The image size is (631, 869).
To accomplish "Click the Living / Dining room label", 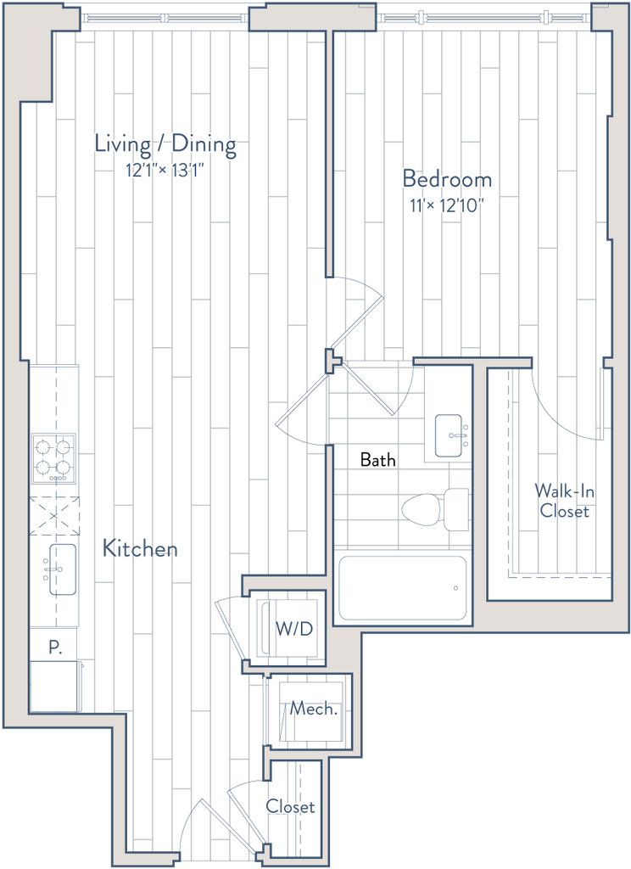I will [x=166, y=144].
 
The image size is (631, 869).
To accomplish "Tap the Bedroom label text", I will [x=448, y=180].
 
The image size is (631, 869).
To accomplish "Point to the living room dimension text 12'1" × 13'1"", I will [x=165, y=171].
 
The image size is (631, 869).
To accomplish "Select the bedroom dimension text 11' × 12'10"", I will [x=449, y=205].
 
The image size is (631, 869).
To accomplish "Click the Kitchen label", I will [x=140, y=549].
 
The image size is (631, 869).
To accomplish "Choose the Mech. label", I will [x=315, y=709].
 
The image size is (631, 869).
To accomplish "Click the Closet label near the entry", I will [x=291, y=807].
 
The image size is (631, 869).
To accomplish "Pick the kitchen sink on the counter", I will [x=58, y=567].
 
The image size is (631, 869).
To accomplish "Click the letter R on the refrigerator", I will [x=55, y=648].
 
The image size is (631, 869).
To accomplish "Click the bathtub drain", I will [x=455, y=586].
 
